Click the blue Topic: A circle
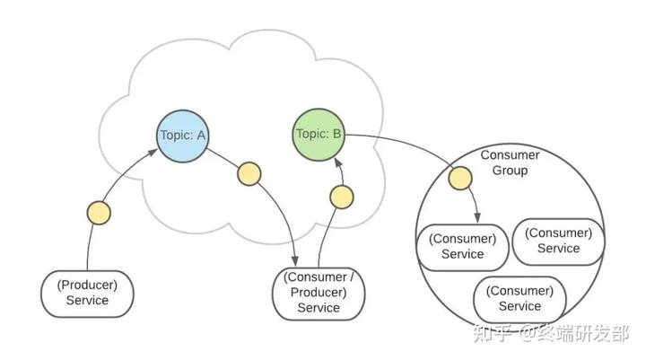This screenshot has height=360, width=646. [182, 136]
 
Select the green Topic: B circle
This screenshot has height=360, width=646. [319, 135]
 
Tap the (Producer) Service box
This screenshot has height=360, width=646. [87, 294]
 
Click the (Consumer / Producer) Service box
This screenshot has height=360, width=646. [319, 294]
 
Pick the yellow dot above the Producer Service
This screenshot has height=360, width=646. [99, 213]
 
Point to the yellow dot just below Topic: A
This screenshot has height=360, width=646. [249, 174]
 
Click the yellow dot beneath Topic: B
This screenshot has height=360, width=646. [342, 198]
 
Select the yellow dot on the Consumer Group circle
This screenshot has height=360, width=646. [460, 178]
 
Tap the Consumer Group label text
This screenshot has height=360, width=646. [510, 162]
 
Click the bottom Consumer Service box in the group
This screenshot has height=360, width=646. [519, 299]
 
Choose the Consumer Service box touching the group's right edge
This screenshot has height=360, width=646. [558, 241]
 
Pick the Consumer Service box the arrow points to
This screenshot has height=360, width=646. [463, 247]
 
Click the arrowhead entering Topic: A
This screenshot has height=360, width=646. [153, 152]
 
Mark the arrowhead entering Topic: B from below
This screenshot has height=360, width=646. [338, 162]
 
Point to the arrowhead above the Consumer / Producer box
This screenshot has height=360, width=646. [294, 260]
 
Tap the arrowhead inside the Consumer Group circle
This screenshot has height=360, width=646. [477, 218]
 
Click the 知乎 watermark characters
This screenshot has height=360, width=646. [493, 333]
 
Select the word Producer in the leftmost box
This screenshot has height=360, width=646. [87, 285]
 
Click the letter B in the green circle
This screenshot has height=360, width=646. [336, 134]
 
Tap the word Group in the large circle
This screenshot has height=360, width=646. [510, 171]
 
